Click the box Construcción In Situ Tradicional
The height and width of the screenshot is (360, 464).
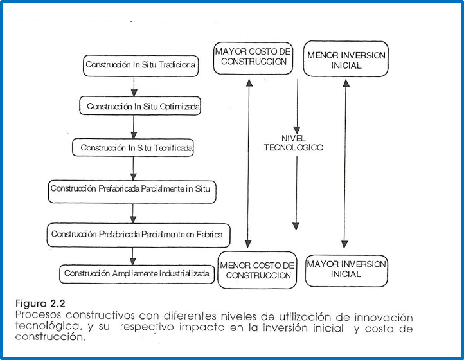tap(141, 65)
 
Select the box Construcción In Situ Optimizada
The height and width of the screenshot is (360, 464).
tap(143, 105)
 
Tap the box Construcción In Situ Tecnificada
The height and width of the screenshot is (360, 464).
tap(136, 147)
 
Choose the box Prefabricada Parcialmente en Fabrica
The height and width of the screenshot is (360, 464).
tap(138, 234)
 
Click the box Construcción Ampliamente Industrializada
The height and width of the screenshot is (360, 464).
tap(137, 273)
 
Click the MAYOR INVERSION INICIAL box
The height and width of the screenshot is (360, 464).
tap(346, 269)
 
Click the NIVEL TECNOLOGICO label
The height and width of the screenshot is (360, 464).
tap(293, 143)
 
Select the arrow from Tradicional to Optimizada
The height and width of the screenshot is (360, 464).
tap(134, 85)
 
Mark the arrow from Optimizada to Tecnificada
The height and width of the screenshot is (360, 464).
tap(134, 127)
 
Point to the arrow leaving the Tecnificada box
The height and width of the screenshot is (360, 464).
tap(134, 168)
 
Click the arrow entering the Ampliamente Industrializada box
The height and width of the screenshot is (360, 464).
tap(134, 255)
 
